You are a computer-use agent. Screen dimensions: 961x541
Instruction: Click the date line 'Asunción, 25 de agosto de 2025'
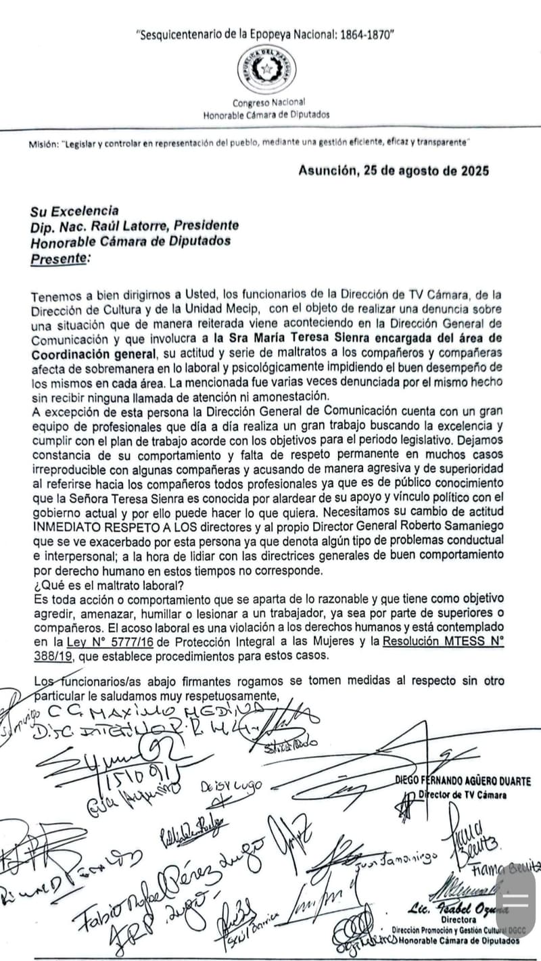point(394,170)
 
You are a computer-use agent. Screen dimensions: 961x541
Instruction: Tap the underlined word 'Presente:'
point(60,258)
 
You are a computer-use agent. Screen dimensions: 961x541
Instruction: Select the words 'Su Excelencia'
point(74,210)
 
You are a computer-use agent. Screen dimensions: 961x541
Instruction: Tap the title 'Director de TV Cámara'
point(463,795)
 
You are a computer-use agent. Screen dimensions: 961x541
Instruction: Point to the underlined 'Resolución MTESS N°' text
point(442,642)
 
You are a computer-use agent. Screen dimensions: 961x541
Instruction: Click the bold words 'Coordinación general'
point(93,354)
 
